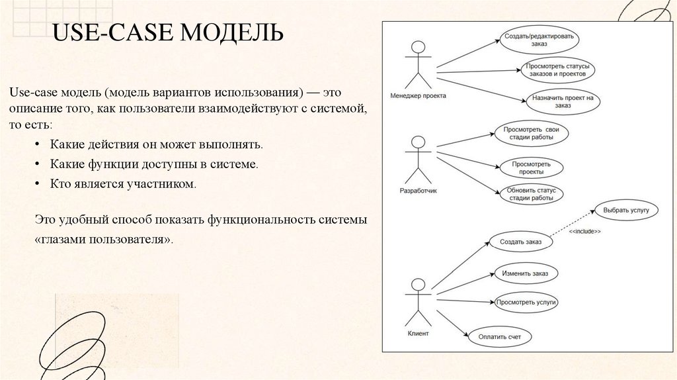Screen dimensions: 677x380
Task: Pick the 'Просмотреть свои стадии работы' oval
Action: point(531,133)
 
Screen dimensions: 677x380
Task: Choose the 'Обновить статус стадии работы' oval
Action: point(531,194)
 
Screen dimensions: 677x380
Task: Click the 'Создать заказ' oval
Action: point(520,242)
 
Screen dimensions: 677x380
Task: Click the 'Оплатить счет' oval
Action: point(500,337)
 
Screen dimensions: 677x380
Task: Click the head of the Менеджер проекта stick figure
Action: point(417,47)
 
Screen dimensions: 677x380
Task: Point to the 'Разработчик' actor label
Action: point(418,190)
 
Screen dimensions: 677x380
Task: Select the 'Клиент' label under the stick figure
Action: point(418,334)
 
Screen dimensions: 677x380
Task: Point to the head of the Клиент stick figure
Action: point(417,285)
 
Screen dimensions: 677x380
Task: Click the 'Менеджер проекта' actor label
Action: point(418,95)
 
